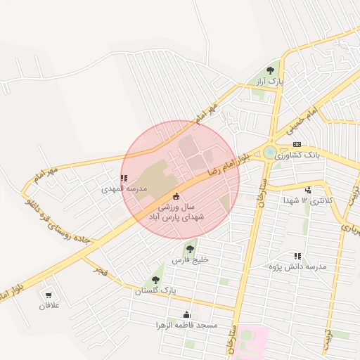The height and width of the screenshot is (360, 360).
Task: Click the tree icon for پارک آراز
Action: click(x=271, y=70)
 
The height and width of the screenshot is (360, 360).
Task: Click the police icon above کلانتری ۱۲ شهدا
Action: click(x=308, y=189)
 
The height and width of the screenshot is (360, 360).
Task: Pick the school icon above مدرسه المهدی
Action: click(x=124, y=179)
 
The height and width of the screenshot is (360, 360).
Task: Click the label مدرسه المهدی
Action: click(x=122, y=189)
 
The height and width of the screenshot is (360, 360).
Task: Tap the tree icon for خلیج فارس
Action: click(x=189, y=247)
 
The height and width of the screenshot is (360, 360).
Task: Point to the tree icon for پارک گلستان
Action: click(x=155, y=279)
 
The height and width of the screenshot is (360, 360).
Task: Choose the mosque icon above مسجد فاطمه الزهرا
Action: click(x=186, y=314)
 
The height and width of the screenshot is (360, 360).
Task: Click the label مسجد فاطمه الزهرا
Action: click(x=187, y=326)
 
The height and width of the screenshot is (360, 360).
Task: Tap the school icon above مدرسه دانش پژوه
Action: click(x=298, y=256)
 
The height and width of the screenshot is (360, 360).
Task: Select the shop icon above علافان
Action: click(x=49, y=295)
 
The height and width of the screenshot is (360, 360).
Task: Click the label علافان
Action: click(x=50, y=306)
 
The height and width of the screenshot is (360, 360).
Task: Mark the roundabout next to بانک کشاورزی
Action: click(x=270, y=152)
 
